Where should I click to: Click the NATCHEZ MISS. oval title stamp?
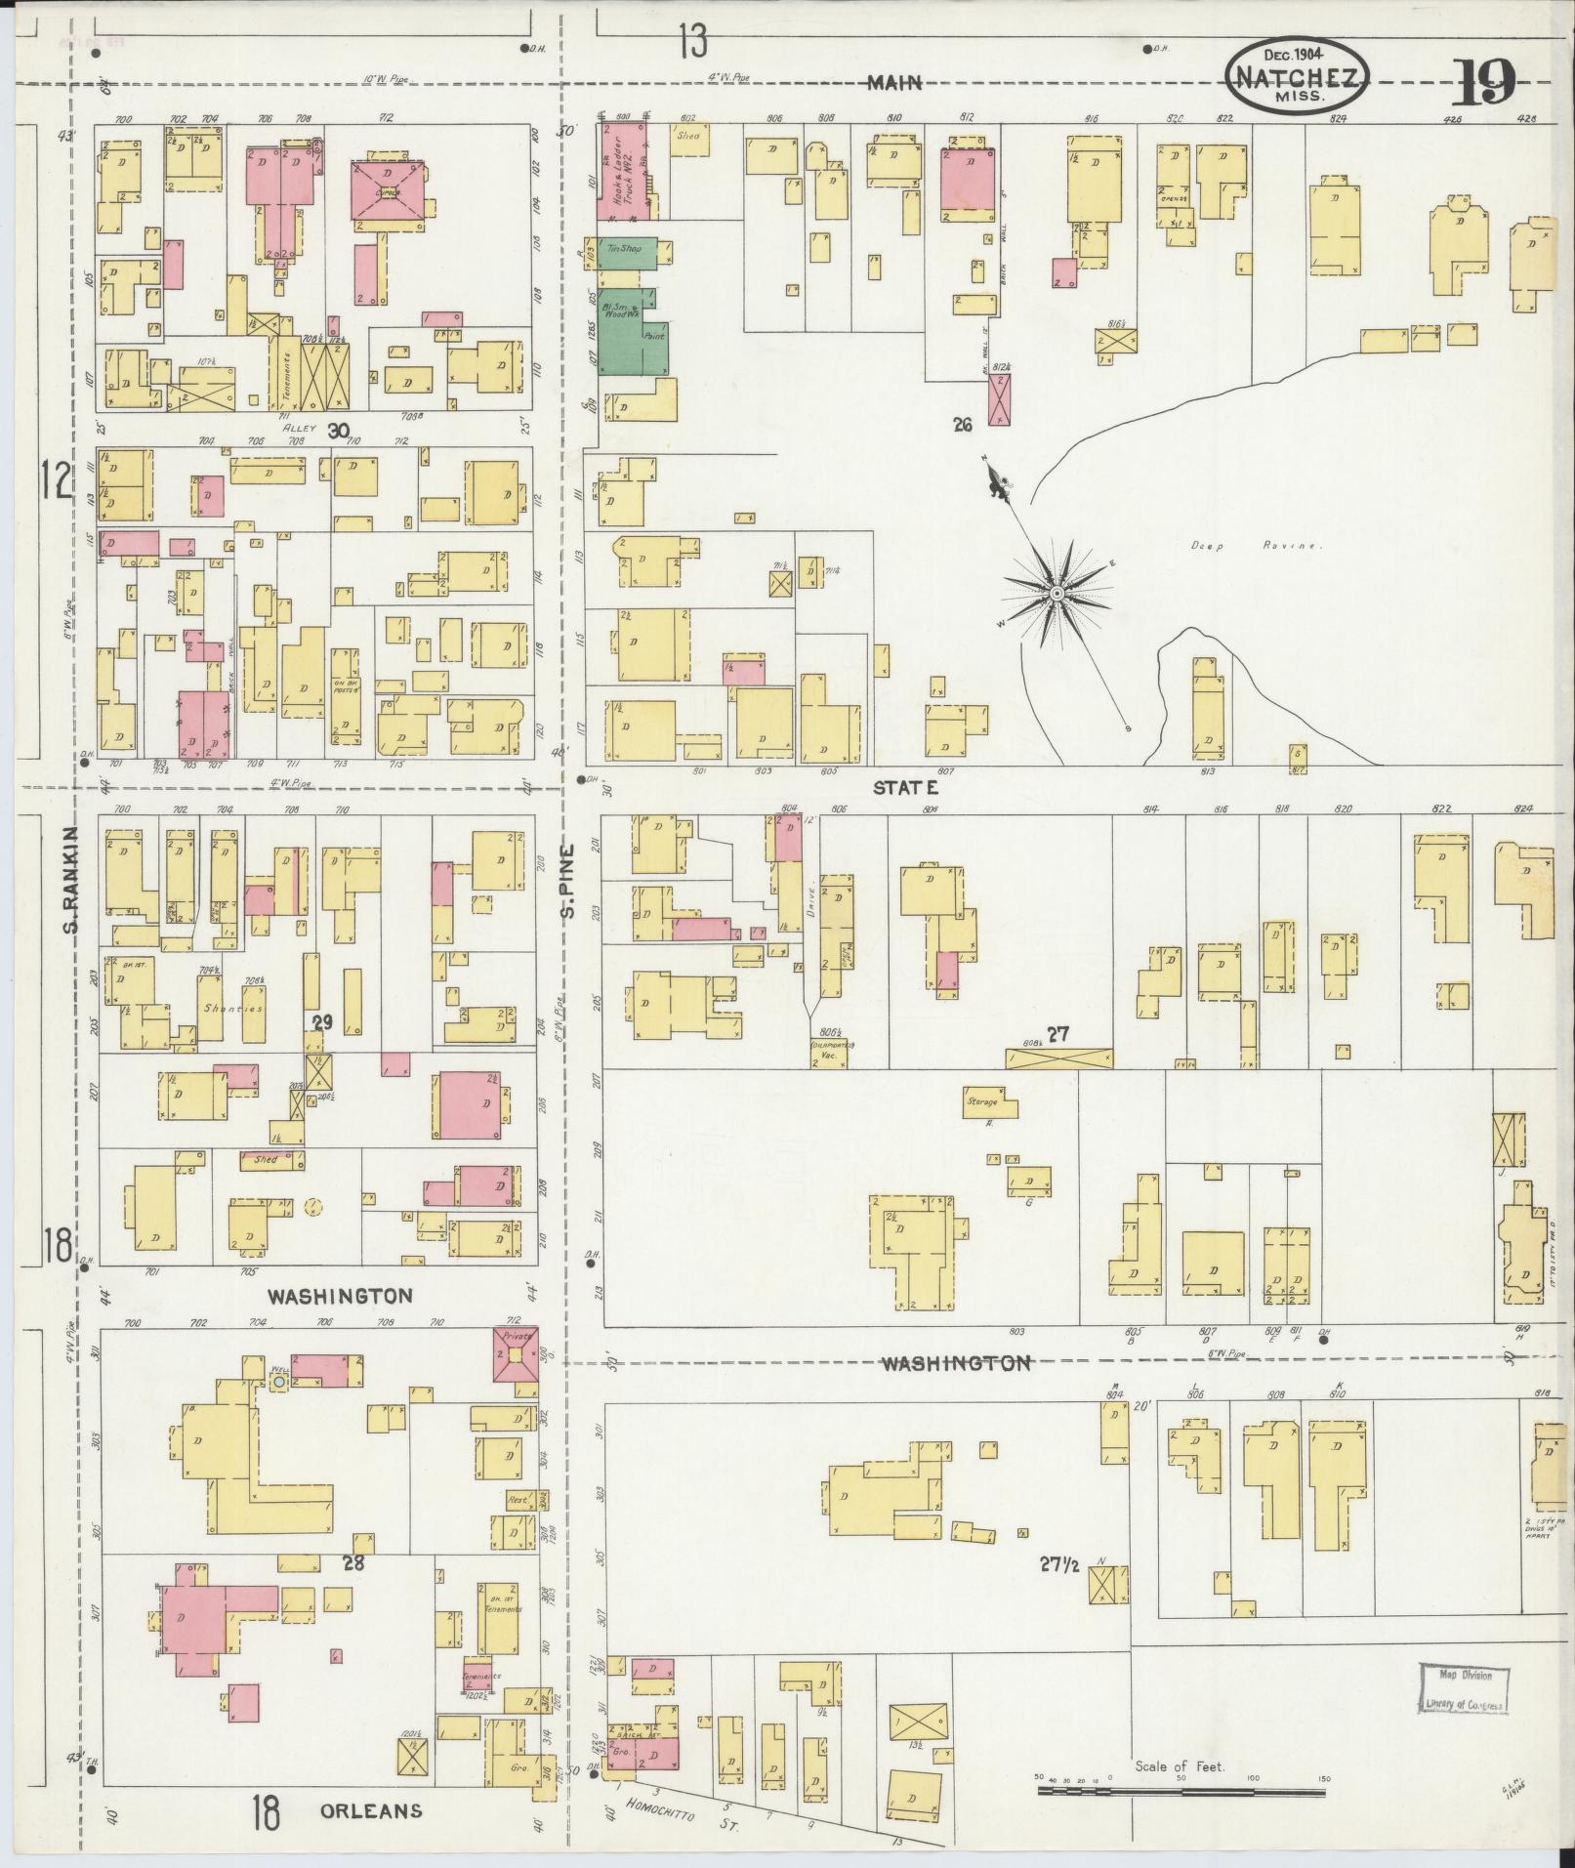coord(1298,75)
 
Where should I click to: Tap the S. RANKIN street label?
coord(70,878)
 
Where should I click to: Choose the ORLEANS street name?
coord(371,1810)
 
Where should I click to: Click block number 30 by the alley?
coord(338,431)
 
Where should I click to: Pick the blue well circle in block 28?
coord(278,1382)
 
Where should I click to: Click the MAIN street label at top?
coord(895,84)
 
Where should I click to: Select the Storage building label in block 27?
coord(982,1101)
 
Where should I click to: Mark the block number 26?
coord(963,425)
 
